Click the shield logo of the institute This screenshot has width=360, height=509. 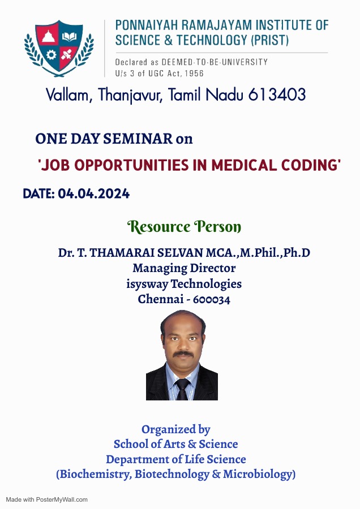59,48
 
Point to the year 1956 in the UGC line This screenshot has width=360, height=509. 194,74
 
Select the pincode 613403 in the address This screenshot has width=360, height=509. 277,95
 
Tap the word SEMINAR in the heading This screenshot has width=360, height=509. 138,139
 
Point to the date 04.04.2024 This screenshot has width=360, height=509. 93,194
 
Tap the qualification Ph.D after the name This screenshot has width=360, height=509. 297,253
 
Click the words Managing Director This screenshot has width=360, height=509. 184,268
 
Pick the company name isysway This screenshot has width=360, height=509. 147,284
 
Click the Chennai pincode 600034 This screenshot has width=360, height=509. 212,299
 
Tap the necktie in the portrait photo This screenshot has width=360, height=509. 182,389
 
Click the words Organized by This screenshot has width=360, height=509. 176,429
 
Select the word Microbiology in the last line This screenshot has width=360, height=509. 259,474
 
